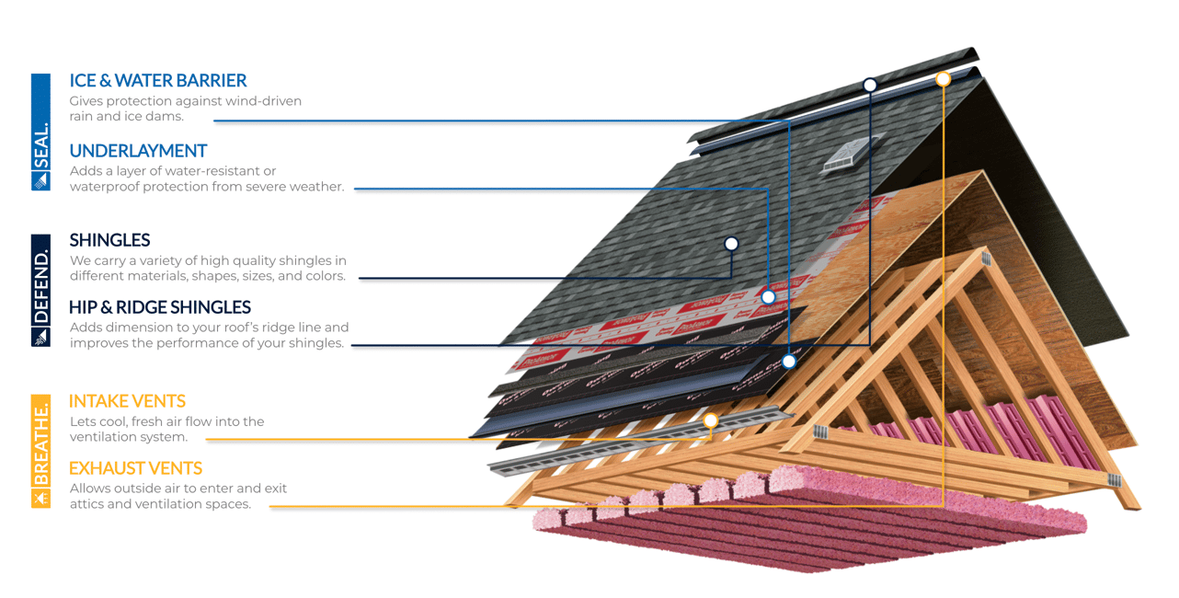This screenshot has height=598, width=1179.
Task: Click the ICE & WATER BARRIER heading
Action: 157,81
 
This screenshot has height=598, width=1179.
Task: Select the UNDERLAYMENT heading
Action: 138,151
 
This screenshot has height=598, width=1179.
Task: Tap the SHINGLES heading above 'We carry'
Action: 109,240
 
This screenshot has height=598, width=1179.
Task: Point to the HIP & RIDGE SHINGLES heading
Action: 160,307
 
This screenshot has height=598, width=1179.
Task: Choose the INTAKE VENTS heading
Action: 127,401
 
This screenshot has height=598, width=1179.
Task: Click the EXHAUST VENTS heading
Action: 135,468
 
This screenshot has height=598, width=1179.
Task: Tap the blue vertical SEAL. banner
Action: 40,132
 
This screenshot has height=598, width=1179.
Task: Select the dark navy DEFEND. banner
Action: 40,290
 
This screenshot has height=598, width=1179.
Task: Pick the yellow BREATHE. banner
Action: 40,451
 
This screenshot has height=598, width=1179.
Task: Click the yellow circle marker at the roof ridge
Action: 943,79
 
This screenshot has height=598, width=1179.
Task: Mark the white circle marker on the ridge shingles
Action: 869,85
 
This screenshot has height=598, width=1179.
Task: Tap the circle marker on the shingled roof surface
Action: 731,244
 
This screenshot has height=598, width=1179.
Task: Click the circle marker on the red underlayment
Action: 768,297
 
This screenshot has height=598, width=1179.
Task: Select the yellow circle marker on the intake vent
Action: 710,421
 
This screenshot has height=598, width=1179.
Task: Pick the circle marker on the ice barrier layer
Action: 789,362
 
